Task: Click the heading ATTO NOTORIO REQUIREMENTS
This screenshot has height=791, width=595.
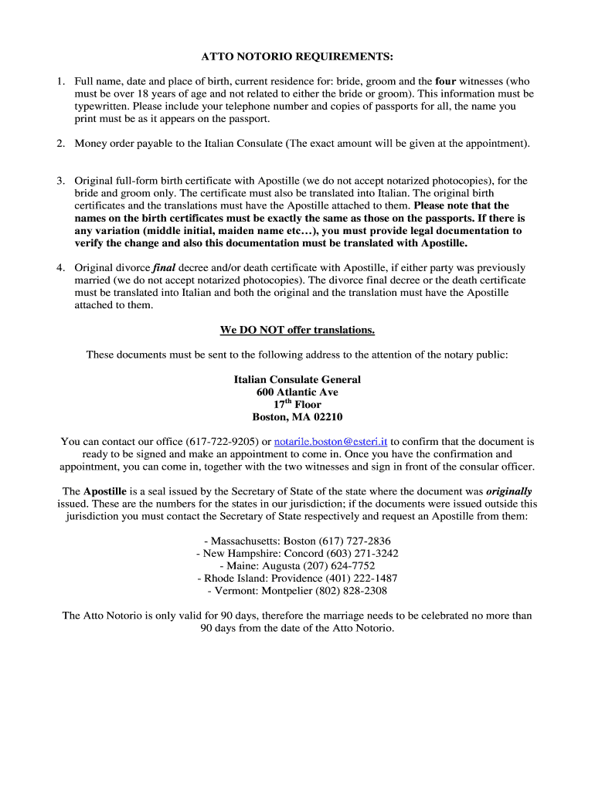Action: point(297,57)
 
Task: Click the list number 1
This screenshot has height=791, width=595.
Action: point(59,81)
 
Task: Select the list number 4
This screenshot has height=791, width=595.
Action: point(59,268)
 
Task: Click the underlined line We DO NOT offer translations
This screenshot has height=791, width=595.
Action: point(297,330)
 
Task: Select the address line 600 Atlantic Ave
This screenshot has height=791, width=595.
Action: point(297,392)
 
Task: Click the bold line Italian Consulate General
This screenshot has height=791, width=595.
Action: point(297,380)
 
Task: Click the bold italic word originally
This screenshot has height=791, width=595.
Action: point(508,491)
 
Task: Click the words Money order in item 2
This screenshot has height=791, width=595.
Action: point(105,144)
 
